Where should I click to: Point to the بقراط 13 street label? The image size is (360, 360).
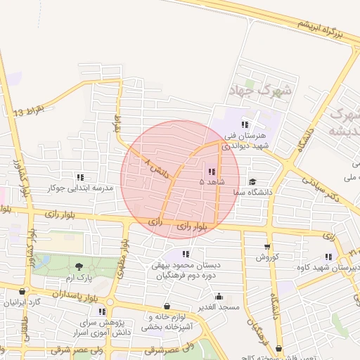click(x=29, y=111)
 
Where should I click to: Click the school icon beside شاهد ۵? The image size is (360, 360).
click(x=212, y=172)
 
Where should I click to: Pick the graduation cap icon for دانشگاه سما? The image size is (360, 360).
click(x=252, y=181)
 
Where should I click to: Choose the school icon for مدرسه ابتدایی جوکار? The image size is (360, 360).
click(x=79, y=178)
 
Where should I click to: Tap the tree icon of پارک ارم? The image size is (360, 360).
click(x=78, y=266)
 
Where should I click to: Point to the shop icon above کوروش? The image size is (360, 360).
click(x=266, y=246)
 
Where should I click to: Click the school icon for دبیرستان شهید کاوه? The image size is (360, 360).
click(x=328, y=257)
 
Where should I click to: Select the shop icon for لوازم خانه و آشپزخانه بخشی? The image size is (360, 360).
click(x=167, y=306)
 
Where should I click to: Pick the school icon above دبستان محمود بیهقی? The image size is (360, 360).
click(x=186, y=254)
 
